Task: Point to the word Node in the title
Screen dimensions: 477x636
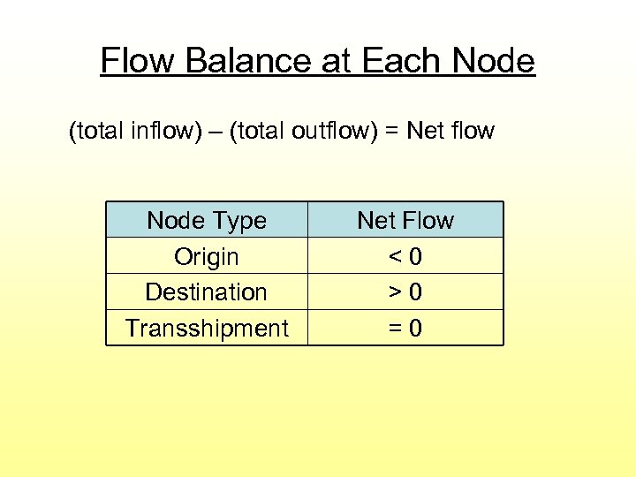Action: point(493,61)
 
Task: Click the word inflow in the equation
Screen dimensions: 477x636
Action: point(160,132)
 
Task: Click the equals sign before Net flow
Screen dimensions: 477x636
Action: point(391,132)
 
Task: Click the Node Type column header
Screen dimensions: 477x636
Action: point(207,220)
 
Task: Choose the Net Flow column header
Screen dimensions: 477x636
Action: point(405,220)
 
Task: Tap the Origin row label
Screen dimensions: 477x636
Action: point(207,256)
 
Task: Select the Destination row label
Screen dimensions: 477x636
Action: point(207,291)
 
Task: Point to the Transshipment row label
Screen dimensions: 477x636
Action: point(207,329)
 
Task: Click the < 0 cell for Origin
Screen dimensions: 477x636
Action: point(405,256)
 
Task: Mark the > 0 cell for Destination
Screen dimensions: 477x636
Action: point(405,291)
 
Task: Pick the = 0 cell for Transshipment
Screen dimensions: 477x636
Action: point(405,329)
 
